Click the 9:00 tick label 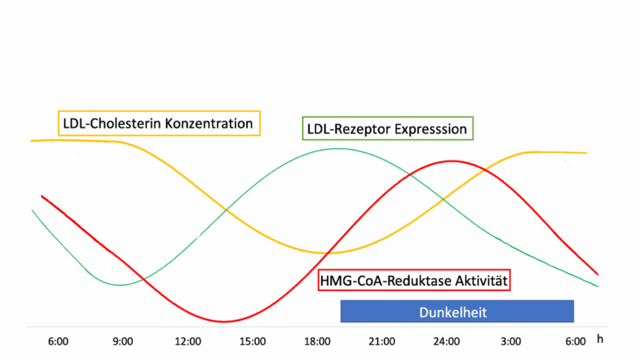click(x=123, y=341)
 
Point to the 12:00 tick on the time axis click(x=188, y=341)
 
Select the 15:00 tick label click(x=253, y=341)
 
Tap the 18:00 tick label click(x=317, y=341)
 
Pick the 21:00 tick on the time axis click(x=382, y=341)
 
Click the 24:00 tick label click(x=447, y=341)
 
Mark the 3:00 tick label click(x=511, y=341)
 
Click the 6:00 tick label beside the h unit click(x=575, y=341)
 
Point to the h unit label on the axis click(x=600, y=339)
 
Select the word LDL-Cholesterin click(x=116, y=123)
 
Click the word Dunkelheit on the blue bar click(x=453, y=312)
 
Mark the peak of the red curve click(x=452, y=162)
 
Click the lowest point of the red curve click(x=224, y=321)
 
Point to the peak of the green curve click(x=337, y=149)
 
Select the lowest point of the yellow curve click(x=329, y=253)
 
